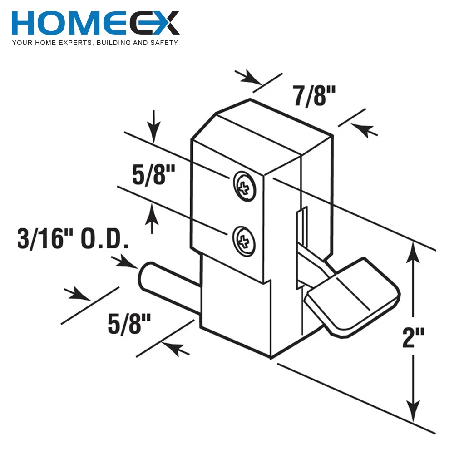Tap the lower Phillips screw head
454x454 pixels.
(x=244, y=238)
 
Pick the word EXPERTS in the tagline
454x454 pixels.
(x=68, y=43)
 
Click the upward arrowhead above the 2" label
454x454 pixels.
(x=413, y=252)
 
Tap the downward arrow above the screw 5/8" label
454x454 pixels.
(x=154, y=132)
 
